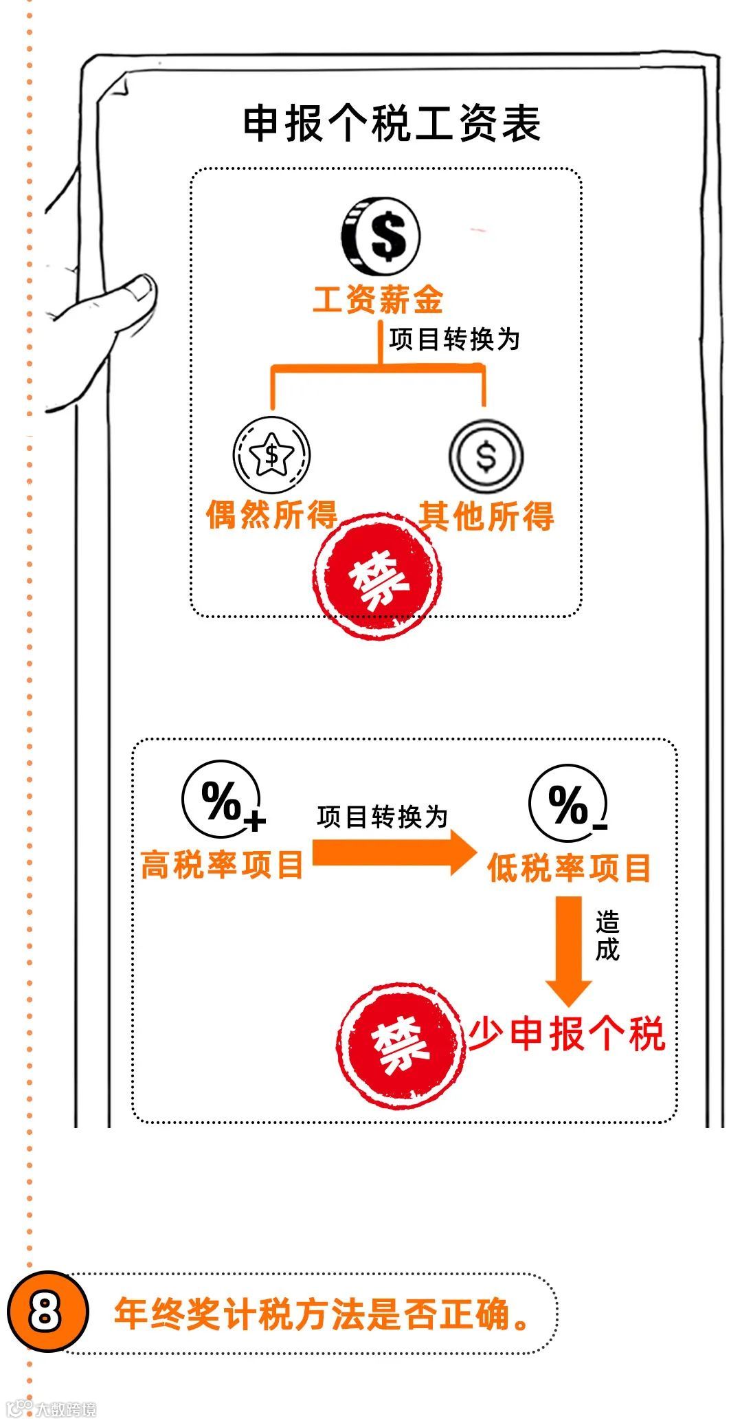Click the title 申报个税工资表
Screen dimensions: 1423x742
tap(392, 124)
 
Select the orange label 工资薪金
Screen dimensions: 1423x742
tap(377, 300)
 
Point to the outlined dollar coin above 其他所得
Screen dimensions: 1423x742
tap(486, 456)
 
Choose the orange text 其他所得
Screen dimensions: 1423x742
tap(486, 516)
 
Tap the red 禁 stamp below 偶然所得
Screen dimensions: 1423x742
tap(379, 577)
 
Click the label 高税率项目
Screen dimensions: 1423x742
tap(221, 864)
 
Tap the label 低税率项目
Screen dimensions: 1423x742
tap(568, 868)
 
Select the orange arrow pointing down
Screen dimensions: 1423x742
tap(568, 949)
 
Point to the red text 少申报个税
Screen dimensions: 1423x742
tap(567, 1034)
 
